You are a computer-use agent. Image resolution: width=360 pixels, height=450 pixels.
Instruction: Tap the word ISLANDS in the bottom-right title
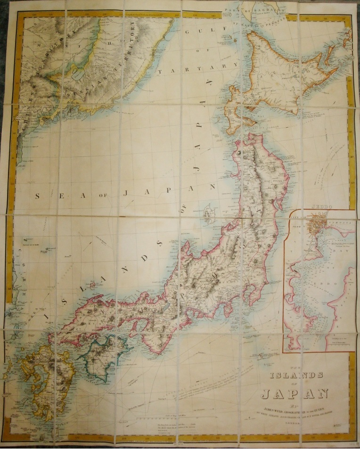coord(295,375)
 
